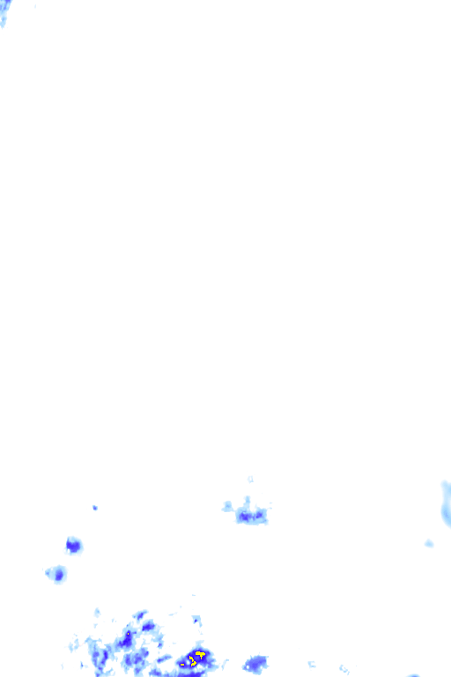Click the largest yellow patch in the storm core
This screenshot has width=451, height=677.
[201, 653]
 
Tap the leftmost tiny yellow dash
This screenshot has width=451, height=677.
[182, 664]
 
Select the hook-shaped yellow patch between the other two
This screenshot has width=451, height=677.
[192, 661]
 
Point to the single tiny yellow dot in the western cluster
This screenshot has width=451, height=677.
[129, 633]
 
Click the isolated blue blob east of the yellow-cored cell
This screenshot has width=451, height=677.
[256, 663]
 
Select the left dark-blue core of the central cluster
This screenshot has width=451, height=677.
[244, 516]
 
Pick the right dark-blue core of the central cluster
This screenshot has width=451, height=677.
[260, 516]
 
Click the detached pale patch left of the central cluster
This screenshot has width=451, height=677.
[227, 507]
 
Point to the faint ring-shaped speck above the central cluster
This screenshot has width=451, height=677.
[250, 479]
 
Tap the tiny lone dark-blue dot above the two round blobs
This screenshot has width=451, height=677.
[94, 508]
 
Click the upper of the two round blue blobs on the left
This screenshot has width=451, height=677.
[73, 546]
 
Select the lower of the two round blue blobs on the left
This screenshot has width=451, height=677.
[58, 575]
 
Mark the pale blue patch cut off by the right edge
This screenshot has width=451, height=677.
[446, 502]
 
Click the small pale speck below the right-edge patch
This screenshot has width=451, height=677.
[429, 543]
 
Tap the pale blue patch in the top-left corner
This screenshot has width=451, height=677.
[4, 11]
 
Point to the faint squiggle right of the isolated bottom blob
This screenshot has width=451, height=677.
[311, 663]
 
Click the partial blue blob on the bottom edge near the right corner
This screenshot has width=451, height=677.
[414, 675]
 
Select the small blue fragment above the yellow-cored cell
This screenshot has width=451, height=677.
[196, 620]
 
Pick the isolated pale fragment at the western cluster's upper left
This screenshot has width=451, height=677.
[97, 612]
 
